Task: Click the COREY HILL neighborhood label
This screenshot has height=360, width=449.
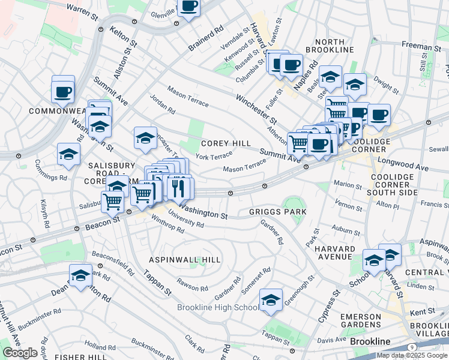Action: pos(226,143)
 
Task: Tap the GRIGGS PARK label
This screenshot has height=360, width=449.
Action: pos(278,212)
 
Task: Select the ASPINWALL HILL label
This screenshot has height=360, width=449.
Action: pos(185,259)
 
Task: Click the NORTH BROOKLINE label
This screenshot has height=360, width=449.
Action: pos(333,44)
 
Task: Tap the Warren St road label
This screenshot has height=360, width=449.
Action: pos(82,11)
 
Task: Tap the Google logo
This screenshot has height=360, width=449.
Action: pos(20,352)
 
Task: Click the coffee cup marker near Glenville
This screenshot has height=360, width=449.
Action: pos(189,7)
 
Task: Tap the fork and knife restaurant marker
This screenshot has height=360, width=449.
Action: pos(178,187)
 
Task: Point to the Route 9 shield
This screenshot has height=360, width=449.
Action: pos(412,347)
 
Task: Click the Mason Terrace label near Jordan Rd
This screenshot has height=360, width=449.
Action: pos(188,98)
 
